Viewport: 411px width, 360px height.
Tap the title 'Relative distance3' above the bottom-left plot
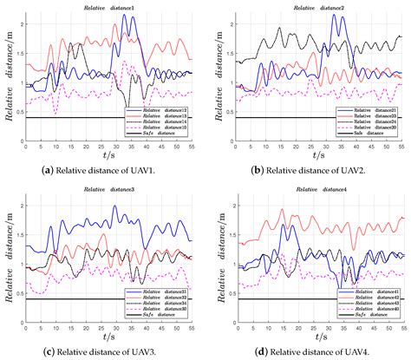click(114, 187)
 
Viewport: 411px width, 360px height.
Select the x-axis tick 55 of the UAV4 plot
click(403, 326)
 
